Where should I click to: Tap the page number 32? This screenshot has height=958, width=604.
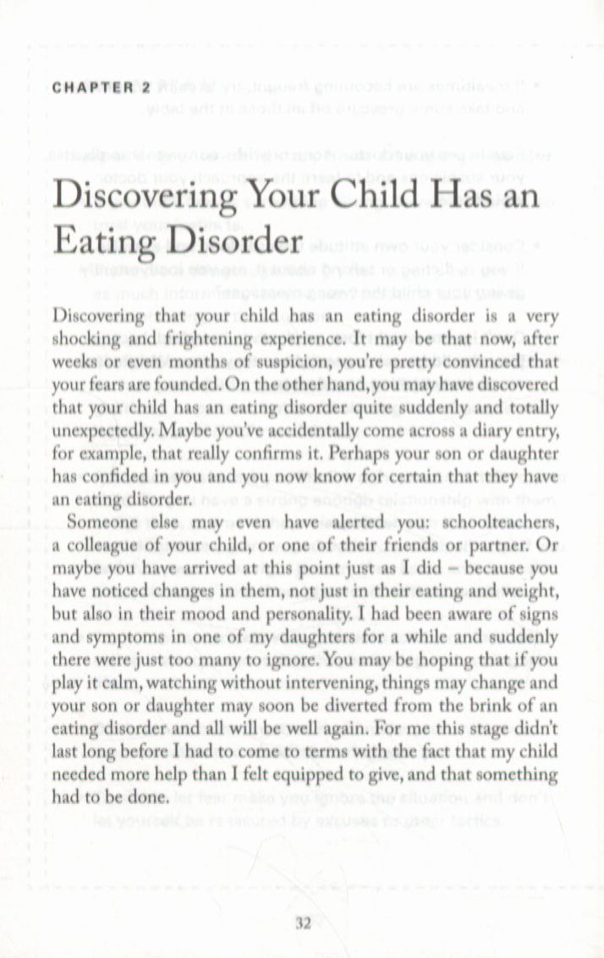click(x=304, y=924)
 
